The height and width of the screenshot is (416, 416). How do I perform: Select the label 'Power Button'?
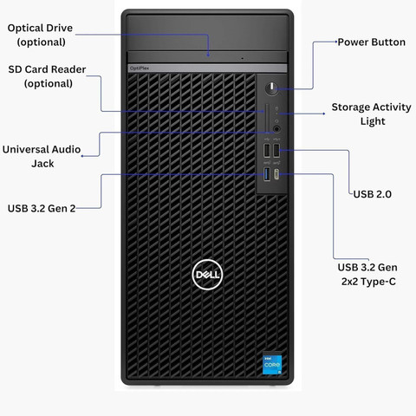pos(371,42)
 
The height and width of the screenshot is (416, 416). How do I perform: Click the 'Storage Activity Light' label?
pos(366,114)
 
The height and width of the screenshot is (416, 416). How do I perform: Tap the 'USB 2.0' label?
pos(372,194)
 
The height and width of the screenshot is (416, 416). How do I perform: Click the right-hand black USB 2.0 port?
pos(277,152)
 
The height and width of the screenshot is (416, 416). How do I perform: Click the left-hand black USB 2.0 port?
pos(267,152)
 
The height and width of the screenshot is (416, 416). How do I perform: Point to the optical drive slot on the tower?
pos(208,60)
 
